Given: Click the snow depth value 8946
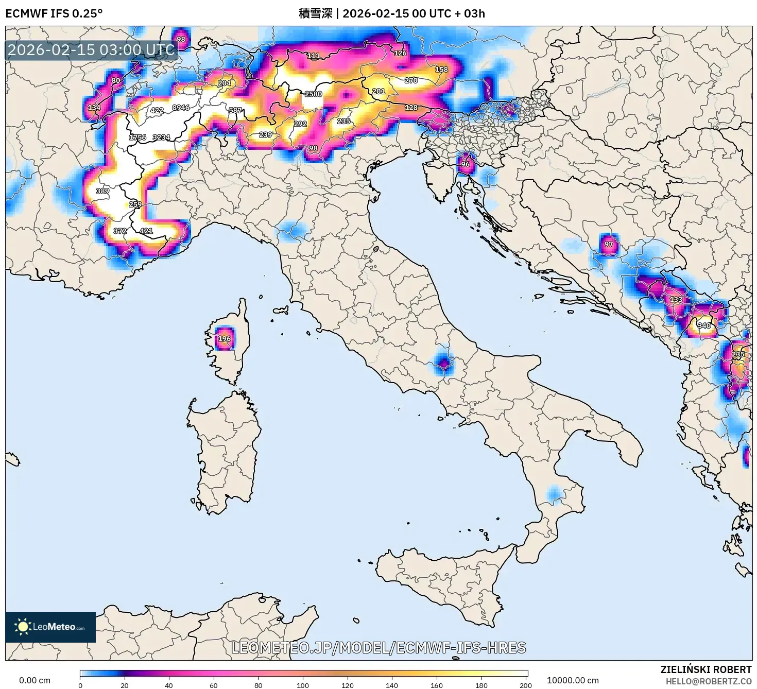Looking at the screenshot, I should click(x=181, y=108).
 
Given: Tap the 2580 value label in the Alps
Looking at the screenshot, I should click(x=313, y=94).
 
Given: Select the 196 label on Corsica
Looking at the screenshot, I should click(x=224, y=339).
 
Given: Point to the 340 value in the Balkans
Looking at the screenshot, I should click(x=704, y=325).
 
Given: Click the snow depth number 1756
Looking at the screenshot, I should click(x=137, y=137).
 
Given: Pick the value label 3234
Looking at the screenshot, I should click(x=161, y=137).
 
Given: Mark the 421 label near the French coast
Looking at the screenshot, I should click(x=146, y=231).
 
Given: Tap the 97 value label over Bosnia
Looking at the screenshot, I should click(x=609, y=244).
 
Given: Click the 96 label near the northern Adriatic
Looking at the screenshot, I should click(x=465, y=164).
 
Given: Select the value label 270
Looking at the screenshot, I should click(x=411, y=80).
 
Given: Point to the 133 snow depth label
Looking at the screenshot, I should click(x=676, y=299).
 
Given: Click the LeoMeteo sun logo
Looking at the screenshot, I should click(x=23, y=627).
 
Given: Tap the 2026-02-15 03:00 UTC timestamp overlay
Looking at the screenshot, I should click(x=91, y=50).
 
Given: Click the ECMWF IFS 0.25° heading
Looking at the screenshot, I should click(x=54, y=13).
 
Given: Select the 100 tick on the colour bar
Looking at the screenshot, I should click(x=303, y=685).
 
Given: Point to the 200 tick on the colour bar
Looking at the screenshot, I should click(x=525, y=685).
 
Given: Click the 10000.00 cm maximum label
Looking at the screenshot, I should click(x=573, y=680).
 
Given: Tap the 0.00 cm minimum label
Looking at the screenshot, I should click(x=35, y=680).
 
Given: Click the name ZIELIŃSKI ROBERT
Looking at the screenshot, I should click(x=706, y=669).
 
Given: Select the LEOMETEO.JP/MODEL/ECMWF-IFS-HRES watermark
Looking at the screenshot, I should click(x=378, y=647).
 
